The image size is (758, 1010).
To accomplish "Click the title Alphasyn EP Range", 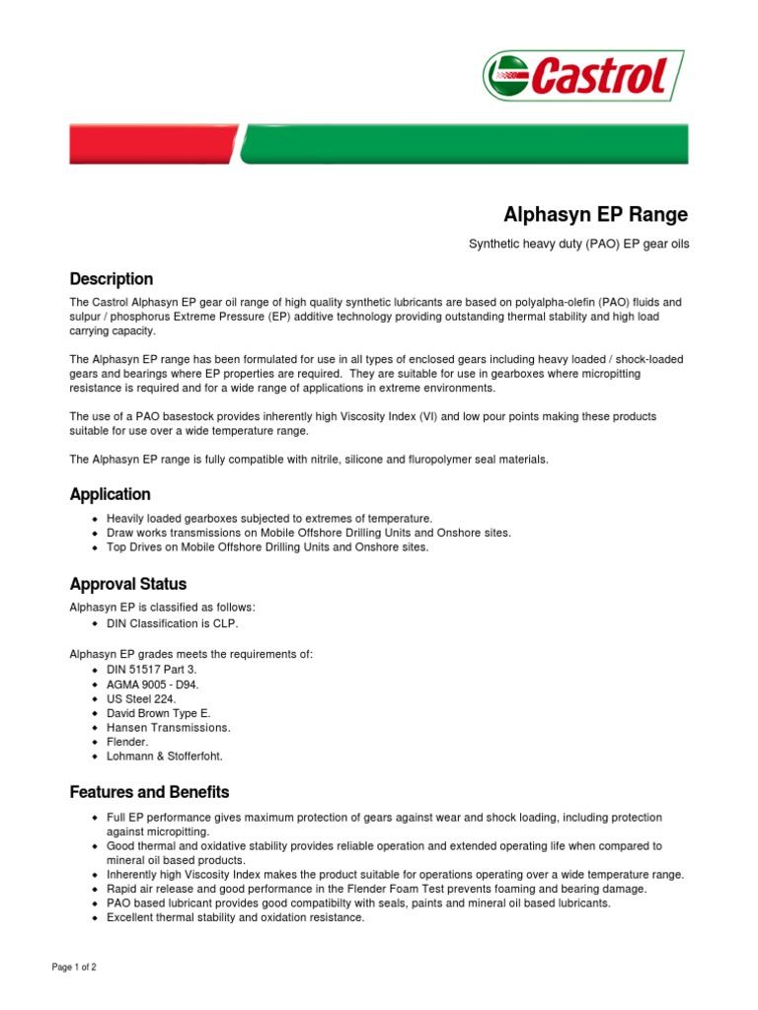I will pos(596,214).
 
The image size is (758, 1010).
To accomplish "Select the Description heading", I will pos(111,279).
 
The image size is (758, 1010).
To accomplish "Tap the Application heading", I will pos(110,494).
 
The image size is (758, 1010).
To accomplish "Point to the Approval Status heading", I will pos(127,584).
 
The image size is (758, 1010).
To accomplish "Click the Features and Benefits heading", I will pos(149,792).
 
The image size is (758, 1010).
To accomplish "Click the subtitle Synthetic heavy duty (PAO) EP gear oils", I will pos(578,244).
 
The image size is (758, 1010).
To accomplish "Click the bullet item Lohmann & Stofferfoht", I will pos(165,756).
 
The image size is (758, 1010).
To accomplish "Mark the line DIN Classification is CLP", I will pos(172,623).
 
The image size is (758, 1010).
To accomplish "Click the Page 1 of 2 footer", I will pos(74,968).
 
